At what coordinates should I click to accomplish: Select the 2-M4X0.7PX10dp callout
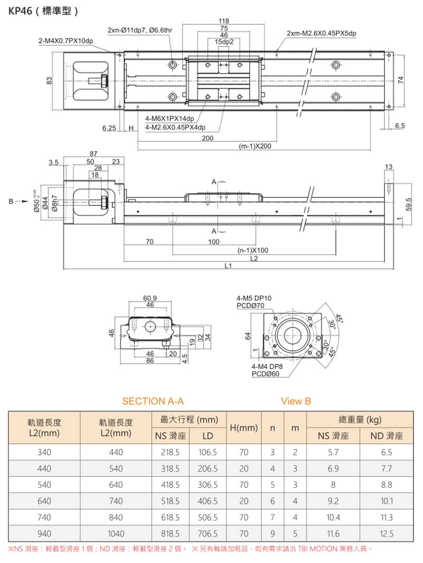pyautogui.click(x=66, y=40)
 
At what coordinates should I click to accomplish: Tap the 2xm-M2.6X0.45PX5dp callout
pyautogui.click(x=321, y=33)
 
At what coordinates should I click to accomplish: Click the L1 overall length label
pyautogui.click(x=228, y=267)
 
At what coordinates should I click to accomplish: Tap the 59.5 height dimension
pyautogui.click(x=409, y=204)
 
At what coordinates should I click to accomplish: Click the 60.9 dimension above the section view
pyautogui.click(x=150, y=298)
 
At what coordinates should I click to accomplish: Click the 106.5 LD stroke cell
pyautogui.click(x=207, y=452)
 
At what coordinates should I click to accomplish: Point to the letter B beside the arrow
pyautogui.click(x=10, y=201)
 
